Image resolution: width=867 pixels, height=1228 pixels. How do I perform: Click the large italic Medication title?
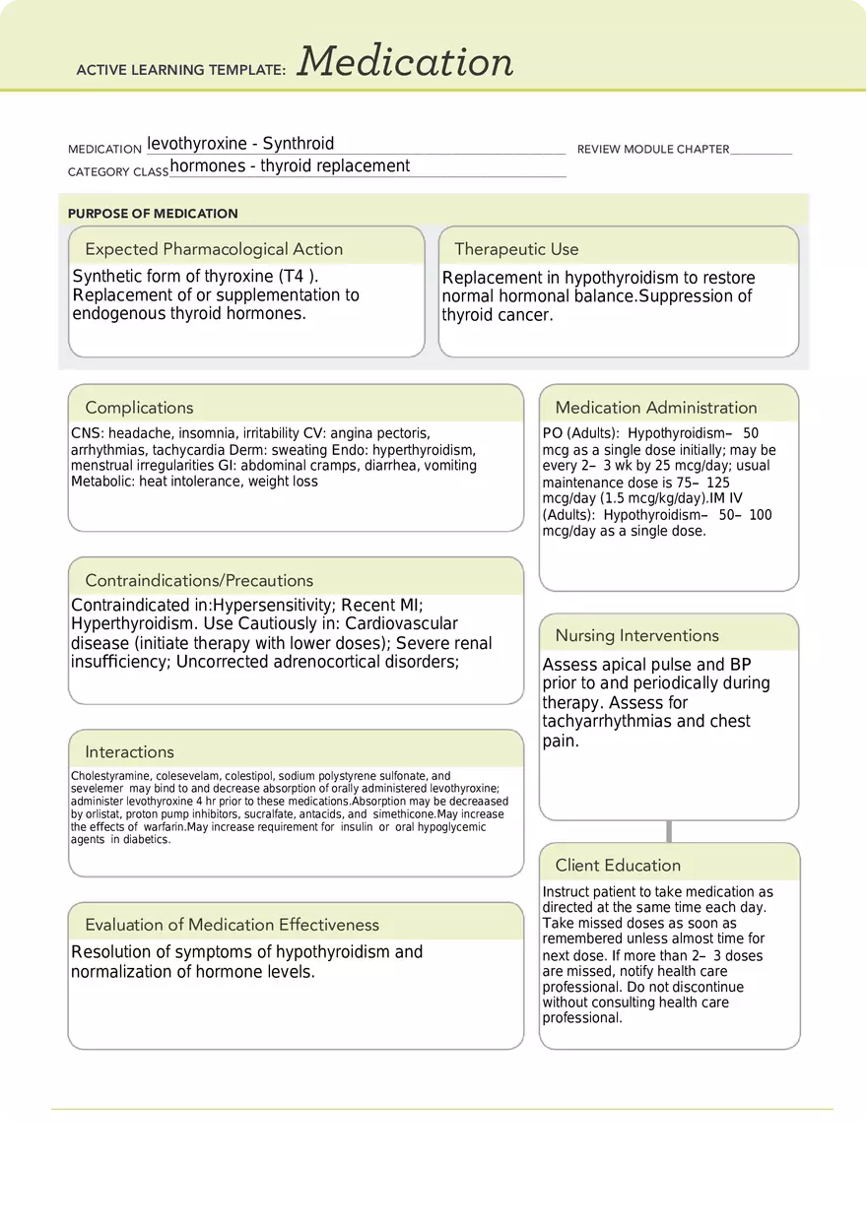pyautogui.click(x=405, y=62)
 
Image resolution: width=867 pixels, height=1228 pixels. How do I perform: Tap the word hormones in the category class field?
pyautogui.click(x=208, y=166)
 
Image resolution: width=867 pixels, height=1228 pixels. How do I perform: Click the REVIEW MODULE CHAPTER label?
pyautogui.click(x=652, y=150)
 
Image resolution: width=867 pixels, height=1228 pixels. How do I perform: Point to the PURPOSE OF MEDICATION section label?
pyautogui.click(x=153, y=214)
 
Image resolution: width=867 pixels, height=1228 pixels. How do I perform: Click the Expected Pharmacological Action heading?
pyautogui.click(x=214, y=249)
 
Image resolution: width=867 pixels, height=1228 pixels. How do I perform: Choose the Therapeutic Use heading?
pyautogui.click(x=516, y=249)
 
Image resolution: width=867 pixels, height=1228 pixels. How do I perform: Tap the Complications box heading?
pyautogui.click(x=139, y=408)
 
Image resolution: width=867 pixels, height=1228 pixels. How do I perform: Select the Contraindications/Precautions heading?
pyautogui.click(x=199, y=581)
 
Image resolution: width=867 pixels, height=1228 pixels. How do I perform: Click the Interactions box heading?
pyautogui.click(x=129, y=752)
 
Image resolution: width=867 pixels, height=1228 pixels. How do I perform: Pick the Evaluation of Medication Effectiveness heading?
pyautogui.click(x=232, y=925)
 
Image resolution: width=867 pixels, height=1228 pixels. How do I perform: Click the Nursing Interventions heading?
pyautogui.click(x=636, y=636)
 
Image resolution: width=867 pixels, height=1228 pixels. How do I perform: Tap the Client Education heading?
pyautogui.click(x=618, y=866)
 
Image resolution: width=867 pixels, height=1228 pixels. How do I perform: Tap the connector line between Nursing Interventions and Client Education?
pyautogui.click(x=670, y=831)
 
